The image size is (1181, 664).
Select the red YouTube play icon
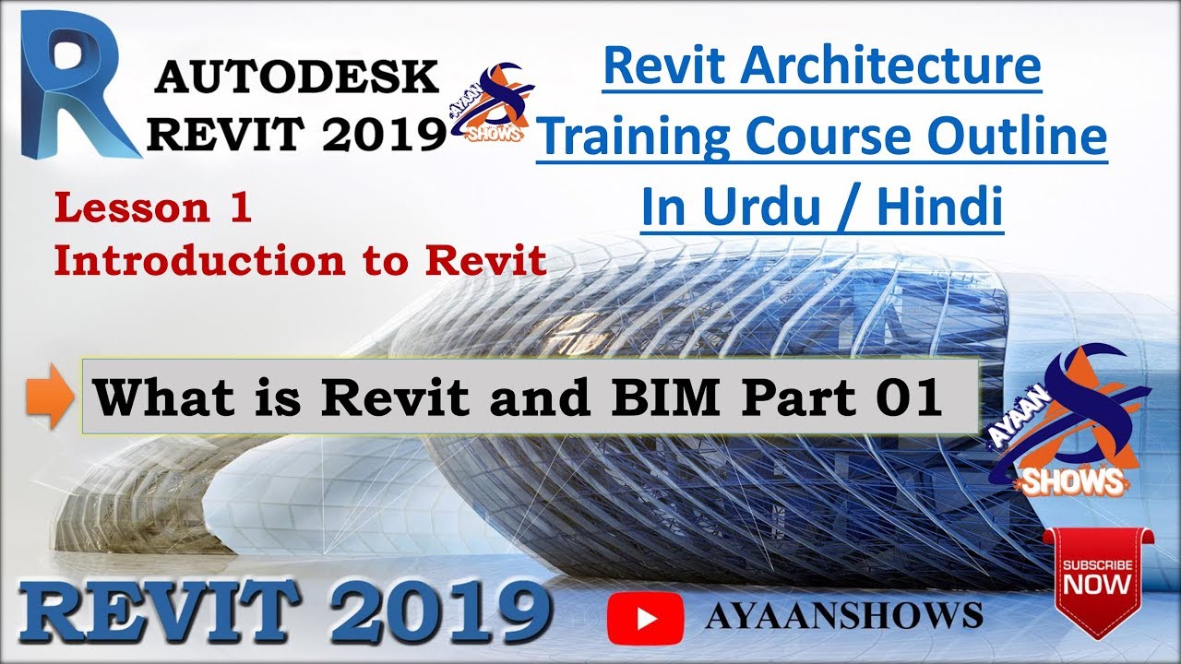tap(645, 615)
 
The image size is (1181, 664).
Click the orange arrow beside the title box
tap(60, 399)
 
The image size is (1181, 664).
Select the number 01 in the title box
tap(912, 397)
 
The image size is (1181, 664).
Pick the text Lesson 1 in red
tap(153, 208)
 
